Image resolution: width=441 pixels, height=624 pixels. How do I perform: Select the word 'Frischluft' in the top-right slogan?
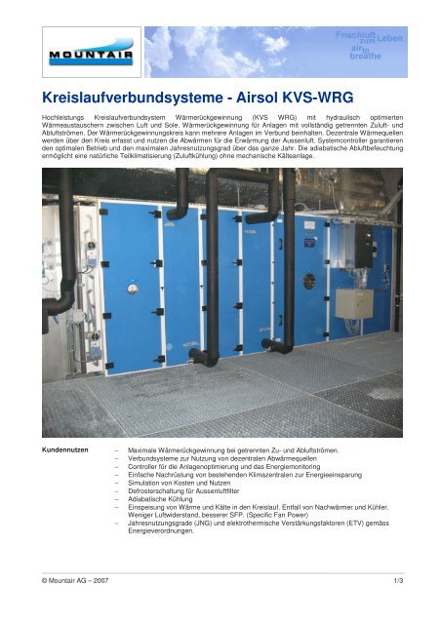pyautogui.click(x=358, y=35)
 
